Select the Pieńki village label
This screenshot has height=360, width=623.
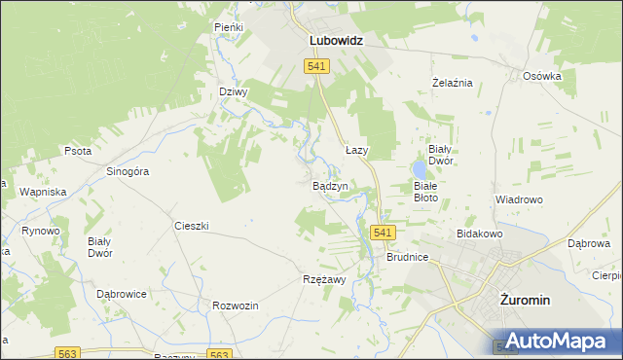pos(229,28)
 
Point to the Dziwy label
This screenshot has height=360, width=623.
pos(234,92)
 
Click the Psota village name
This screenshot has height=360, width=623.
pos(78,152)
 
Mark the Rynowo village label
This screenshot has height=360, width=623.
pos(41,231)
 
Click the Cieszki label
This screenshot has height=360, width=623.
pos(192,226)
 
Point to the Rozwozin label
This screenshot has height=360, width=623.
pos(235,306)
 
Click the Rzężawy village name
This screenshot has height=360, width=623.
pos(322,279)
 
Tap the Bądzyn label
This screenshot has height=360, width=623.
pos(330,185)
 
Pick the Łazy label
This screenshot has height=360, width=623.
pos(357,151)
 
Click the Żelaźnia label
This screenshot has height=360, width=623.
pos(453,83)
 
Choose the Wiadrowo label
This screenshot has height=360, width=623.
pos(518,199)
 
